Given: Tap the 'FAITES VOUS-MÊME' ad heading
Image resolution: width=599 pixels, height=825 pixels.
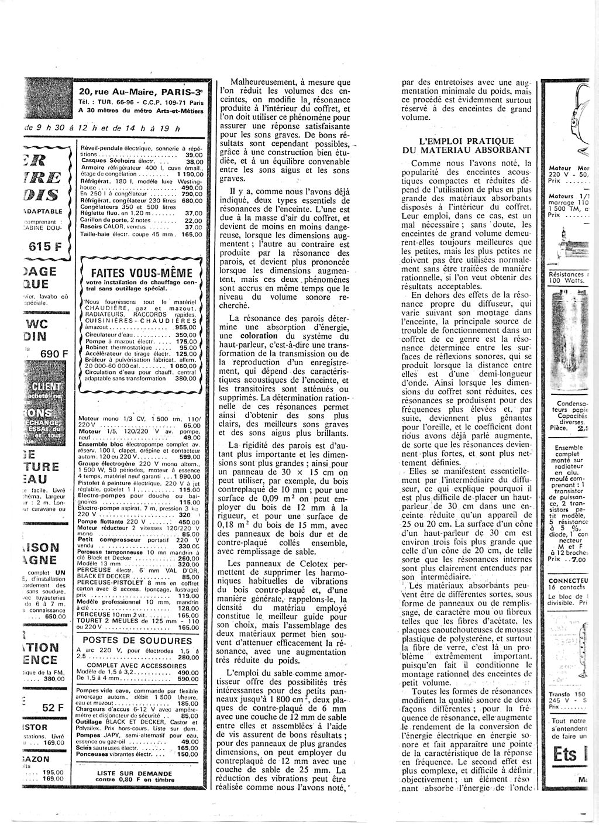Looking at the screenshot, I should [x=142, y=273].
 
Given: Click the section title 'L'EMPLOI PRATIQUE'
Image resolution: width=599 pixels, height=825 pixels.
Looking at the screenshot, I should [x=467, y=141].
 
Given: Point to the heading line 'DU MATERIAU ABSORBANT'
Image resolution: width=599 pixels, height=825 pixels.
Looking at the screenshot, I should [x=467, y=150].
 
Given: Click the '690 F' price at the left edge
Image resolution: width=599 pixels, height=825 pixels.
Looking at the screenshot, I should [x=54, y=353].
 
